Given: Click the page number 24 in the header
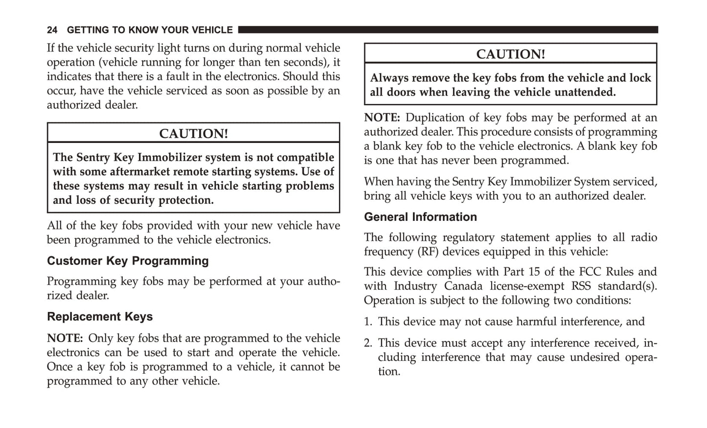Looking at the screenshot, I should coord(52,30).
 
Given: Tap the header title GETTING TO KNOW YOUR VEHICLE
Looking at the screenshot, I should coord(150,30).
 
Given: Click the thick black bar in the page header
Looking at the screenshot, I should coord(447,30).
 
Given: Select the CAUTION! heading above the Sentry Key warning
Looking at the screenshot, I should coord(193,133).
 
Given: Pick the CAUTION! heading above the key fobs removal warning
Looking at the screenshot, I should coord(510,54).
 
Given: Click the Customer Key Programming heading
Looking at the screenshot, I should coord(128,261).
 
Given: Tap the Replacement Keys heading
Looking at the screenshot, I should coord(100,316).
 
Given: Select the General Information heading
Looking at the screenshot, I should coord(420,216).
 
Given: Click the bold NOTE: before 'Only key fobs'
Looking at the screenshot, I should coord(65,338).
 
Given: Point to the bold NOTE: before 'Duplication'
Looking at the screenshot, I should coord(382,118).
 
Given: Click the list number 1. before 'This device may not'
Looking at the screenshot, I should coord(368,321).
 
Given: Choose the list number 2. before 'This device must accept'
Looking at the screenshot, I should coord(368,343).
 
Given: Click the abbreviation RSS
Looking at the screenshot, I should coord(581,286).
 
